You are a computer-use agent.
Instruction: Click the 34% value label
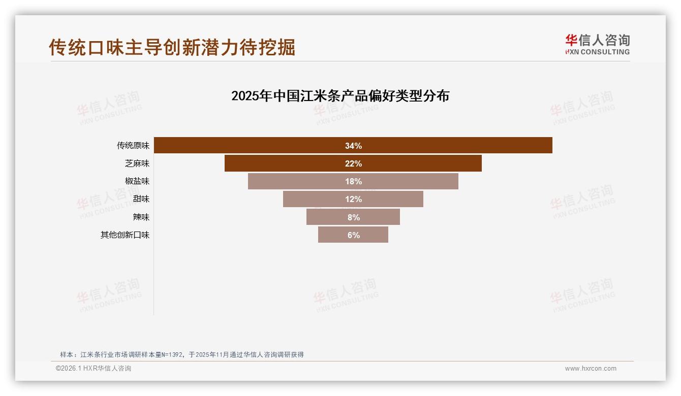(353, 146)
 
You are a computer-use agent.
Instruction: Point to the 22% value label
(353, 163)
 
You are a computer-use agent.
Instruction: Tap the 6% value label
(353, 235)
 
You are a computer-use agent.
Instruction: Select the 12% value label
(353, 199)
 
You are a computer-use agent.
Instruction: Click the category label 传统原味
(133, 146)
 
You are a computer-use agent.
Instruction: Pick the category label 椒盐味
(137, 181)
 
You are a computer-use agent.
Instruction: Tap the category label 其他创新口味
(125, 235)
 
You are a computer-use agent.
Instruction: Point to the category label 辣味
(141, 217)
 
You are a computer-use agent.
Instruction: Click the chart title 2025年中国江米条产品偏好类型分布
(340, 96)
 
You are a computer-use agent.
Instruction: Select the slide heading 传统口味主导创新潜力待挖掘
(172, 47)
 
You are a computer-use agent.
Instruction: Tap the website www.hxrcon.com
(591, 369)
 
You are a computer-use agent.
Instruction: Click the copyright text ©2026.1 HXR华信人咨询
(94, 369)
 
